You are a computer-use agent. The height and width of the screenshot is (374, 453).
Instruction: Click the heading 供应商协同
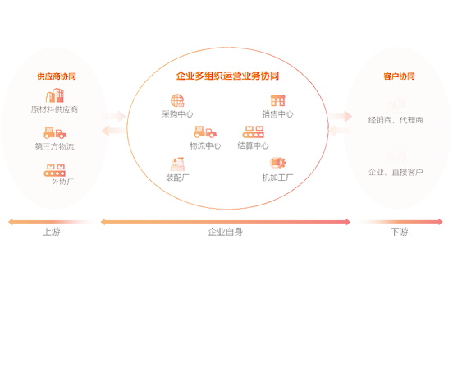tap(57, 76)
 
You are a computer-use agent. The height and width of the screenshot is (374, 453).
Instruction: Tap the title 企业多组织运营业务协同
tap(227, 76)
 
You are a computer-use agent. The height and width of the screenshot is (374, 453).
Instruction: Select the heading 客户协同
tap(399, 76)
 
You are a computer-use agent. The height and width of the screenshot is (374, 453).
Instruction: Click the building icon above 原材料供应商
tap(55, 95)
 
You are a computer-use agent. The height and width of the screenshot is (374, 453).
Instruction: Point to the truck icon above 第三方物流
tap(55, 132)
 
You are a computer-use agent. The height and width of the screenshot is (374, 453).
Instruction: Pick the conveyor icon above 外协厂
tap(55, 170)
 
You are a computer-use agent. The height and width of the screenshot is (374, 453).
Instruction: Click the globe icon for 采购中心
tap(177, 100)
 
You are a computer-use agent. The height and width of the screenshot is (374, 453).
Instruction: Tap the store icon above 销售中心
tap(277, 100)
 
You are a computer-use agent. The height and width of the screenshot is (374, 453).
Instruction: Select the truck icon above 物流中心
tap(205, 132)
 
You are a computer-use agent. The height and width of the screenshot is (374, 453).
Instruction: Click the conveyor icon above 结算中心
tap(253, 132)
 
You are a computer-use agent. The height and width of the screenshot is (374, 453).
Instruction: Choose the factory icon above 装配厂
tap(177, 164)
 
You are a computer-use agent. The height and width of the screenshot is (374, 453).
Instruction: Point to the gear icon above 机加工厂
tap(277, 163)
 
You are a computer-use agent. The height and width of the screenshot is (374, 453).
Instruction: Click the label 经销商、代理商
tap(396, 120)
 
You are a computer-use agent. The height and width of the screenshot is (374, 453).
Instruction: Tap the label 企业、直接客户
tap(396, 172)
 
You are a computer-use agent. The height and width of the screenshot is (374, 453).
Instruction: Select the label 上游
tap(52, 232)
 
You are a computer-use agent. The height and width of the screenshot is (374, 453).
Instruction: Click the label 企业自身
tap(226, 232)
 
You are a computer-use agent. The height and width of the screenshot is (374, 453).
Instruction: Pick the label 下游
tap(400, 232)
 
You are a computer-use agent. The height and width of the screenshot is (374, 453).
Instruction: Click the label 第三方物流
tap(55, 146)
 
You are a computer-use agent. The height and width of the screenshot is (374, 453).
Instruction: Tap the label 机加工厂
tap(277, 178)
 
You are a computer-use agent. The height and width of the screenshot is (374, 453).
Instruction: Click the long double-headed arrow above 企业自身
tap(226, 222)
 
